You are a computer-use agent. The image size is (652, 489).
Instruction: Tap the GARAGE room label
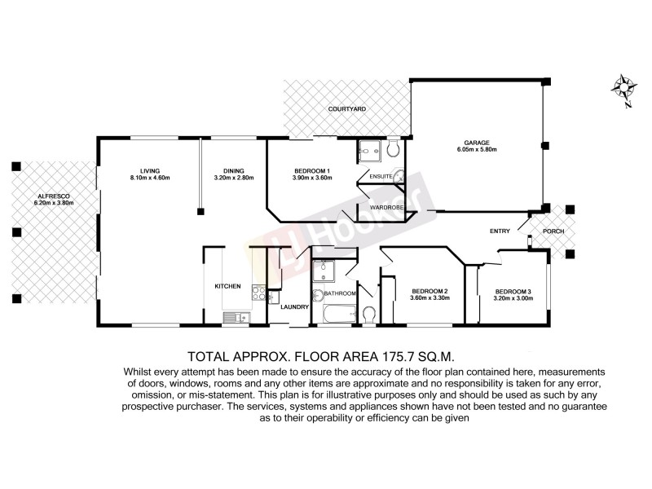point(477,141)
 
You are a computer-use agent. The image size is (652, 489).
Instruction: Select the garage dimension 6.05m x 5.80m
point(477,150)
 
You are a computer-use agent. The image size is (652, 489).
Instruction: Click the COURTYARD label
point(346,109)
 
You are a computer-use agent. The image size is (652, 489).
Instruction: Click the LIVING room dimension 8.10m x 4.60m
point(149,178)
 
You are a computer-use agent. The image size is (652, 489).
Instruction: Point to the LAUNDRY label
point(293,307)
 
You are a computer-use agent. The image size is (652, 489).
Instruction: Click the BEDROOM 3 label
point(513,291)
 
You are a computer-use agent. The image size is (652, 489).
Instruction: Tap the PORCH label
point(557,231)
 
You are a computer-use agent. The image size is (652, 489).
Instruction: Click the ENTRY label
point(500,231)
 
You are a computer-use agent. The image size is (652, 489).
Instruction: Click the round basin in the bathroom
point(316,294)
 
